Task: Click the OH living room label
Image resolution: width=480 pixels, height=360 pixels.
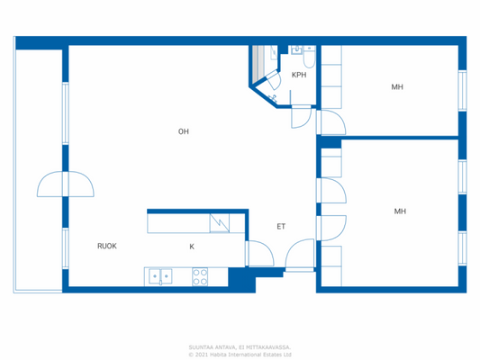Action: click(183, 131)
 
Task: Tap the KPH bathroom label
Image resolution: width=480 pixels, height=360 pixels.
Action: click(299, 76)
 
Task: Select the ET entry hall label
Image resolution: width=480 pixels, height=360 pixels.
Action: click(281, 226)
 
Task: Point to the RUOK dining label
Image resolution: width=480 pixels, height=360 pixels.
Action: click(107, 245)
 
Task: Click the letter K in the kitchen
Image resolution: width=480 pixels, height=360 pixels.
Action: click(191, 245)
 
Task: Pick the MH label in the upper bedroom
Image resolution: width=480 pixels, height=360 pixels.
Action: click(396, 87)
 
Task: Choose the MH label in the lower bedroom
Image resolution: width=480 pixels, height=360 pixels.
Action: click(400, 211)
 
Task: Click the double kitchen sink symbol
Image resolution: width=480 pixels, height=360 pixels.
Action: click(160, 276)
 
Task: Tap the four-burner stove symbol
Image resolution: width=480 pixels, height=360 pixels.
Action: click(200, 276)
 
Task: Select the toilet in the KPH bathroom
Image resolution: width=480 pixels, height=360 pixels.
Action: click(309, 59)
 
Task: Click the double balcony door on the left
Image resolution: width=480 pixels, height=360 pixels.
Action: click(65, 185)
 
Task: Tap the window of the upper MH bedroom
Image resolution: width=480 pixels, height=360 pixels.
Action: click(462, 90)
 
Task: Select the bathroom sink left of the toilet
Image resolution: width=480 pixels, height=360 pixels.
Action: click(295, 49)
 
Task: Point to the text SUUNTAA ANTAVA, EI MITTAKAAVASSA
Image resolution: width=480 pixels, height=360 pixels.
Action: click(240, 346)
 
